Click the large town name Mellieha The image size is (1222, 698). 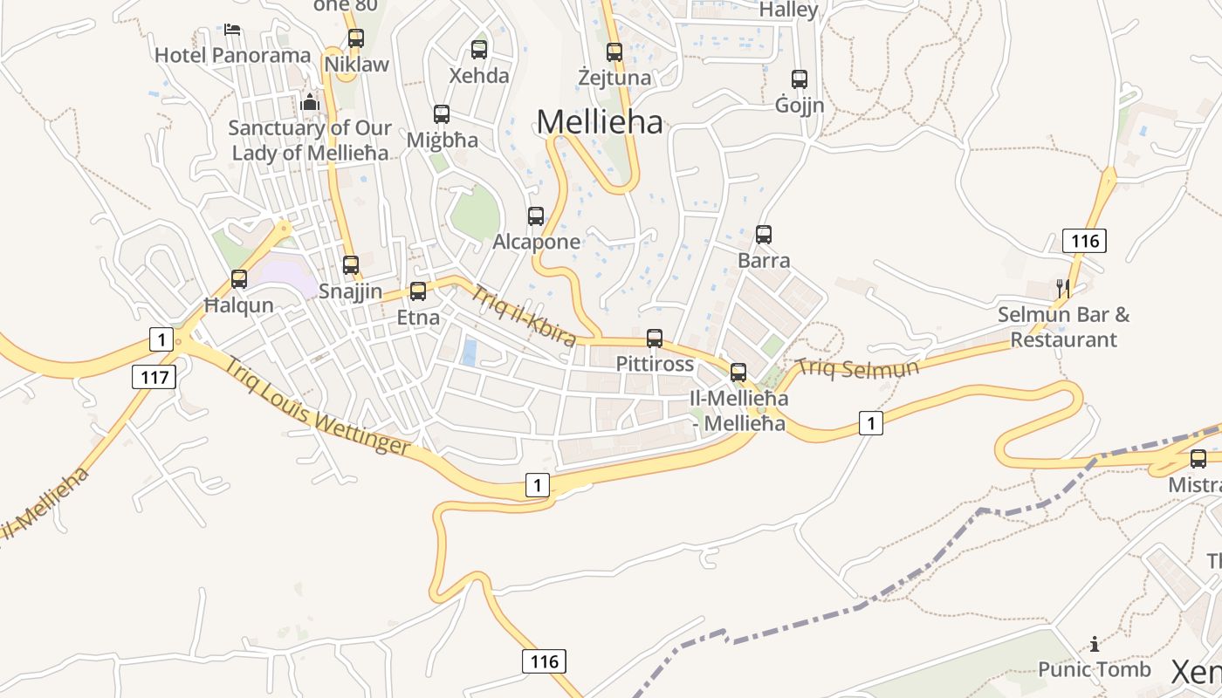tap(600, 121)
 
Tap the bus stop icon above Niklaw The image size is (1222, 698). tap(355, 38)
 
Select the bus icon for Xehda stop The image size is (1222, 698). tap(478, 50)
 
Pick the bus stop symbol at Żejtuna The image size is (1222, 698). tap(614, 52)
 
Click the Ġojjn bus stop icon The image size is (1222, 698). tap(800, 79)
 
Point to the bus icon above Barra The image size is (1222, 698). tap(764, 235)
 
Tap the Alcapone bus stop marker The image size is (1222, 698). tap(536, 216)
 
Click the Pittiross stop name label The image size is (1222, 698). tap(655, 363)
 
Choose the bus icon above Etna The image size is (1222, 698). tap(418, 291)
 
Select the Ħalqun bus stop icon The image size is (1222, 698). tap(239, 279)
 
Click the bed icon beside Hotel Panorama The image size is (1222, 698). tap(232, 30)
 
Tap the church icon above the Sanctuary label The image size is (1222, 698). tap(310, 102)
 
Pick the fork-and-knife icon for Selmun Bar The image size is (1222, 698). tap(1063, 289)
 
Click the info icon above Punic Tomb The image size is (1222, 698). tap(1095, 644)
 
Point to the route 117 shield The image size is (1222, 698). tap(154, 377)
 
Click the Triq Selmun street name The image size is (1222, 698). tap(858, 367)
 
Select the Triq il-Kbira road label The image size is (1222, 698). tap(524, 314)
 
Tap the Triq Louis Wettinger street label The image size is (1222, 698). tap(316, 405)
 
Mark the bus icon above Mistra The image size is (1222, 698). tap(1198, 459)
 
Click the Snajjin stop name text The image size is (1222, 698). tap(351, 291)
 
